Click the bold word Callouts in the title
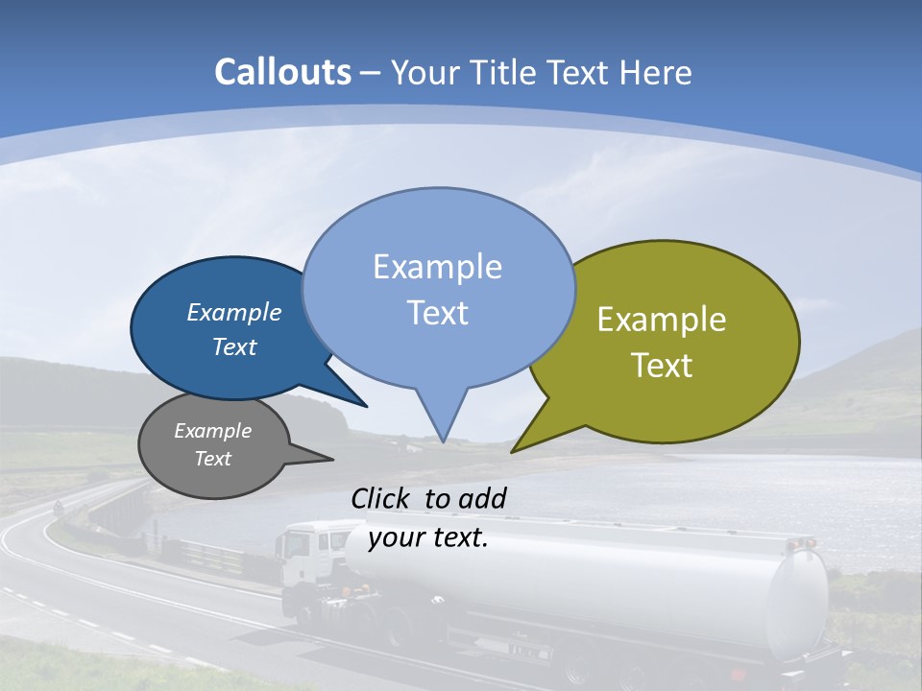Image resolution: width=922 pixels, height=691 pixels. tap(282, 72)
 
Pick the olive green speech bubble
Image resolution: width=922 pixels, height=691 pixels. tap(672, 336)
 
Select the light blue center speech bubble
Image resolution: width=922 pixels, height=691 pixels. tap(438, 288)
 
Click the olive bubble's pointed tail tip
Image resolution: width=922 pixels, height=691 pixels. tap(514, 450)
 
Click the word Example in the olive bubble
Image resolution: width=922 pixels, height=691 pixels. tap(662, 320)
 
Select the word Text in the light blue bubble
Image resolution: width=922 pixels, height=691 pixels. tap(438, 313)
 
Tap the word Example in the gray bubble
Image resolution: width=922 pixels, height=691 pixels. tap(212, 431)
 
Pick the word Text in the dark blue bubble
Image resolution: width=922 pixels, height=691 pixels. tap(234, 347)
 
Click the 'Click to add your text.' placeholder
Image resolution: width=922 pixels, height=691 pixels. tap(428, 518)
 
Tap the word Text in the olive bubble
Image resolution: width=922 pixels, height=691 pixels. tap(662, 366)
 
